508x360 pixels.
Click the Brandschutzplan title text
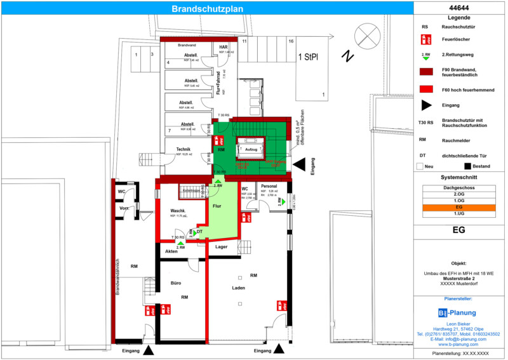tap(207, 9)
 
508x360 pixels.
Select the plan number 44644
tap(459, 8)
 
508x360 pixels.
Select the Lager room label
tap(221, 246)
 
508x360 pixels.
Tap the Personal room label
tap(269, 187)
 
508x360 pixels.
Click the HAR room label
tap(223, 48)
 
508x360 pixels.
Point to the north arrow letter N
tap(347, 57)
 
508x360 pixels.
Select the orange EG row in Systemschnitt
tap(459, 207)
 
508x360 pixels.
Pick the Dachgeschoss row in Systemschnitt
tap(459, 188)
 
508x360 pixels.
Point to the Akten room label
tap(171, 251)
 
